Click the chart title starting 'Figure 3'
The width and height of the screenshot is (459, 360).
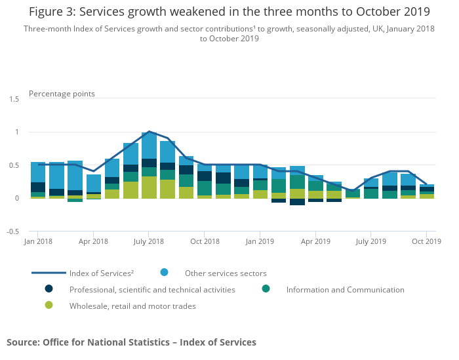click(229, 12)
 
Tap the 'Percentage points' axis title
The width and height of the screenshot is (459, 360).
click(62, 94)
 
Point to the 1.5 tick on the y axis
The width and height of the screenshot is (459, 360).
click(14, 99)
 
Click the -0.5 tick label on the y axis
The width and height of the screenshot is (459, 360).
click(12, 231)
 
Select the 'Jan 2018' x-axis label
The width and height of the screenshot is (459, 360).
click(39, 242)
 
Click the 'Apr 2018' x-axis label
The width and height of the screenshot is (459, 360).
click(93, 242)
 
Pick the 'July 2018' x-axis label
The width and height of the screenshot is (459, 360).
click(148, 242)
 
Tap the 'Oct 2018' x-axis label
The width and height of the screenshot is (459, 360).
click(204, 242)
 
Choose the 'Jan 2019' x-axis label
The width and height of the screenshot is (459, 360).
click(260, 242)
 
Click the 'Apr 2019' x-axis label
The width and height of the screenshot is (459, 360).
click(315, 242)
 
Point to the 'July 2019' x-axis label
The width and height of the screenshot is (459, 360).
click(370, 242)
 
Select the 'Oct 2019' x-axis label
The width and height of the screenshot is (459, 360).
click(426, 242)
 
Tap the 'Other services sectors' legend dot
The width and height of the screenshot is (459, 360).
click(165, 273)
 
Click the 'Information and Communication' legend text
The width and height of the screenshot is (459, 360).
click(345, 290)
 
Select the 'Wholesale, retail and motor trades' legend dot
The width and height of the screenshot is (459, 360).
click(49, 306)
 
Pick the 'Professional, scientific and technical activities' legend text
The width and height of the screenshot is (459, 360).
click(152, 290)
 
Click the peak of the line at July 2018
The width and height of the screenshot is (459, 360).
click(149, 132)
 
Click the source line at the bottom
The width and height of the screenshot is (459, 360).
click(131, 342)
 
